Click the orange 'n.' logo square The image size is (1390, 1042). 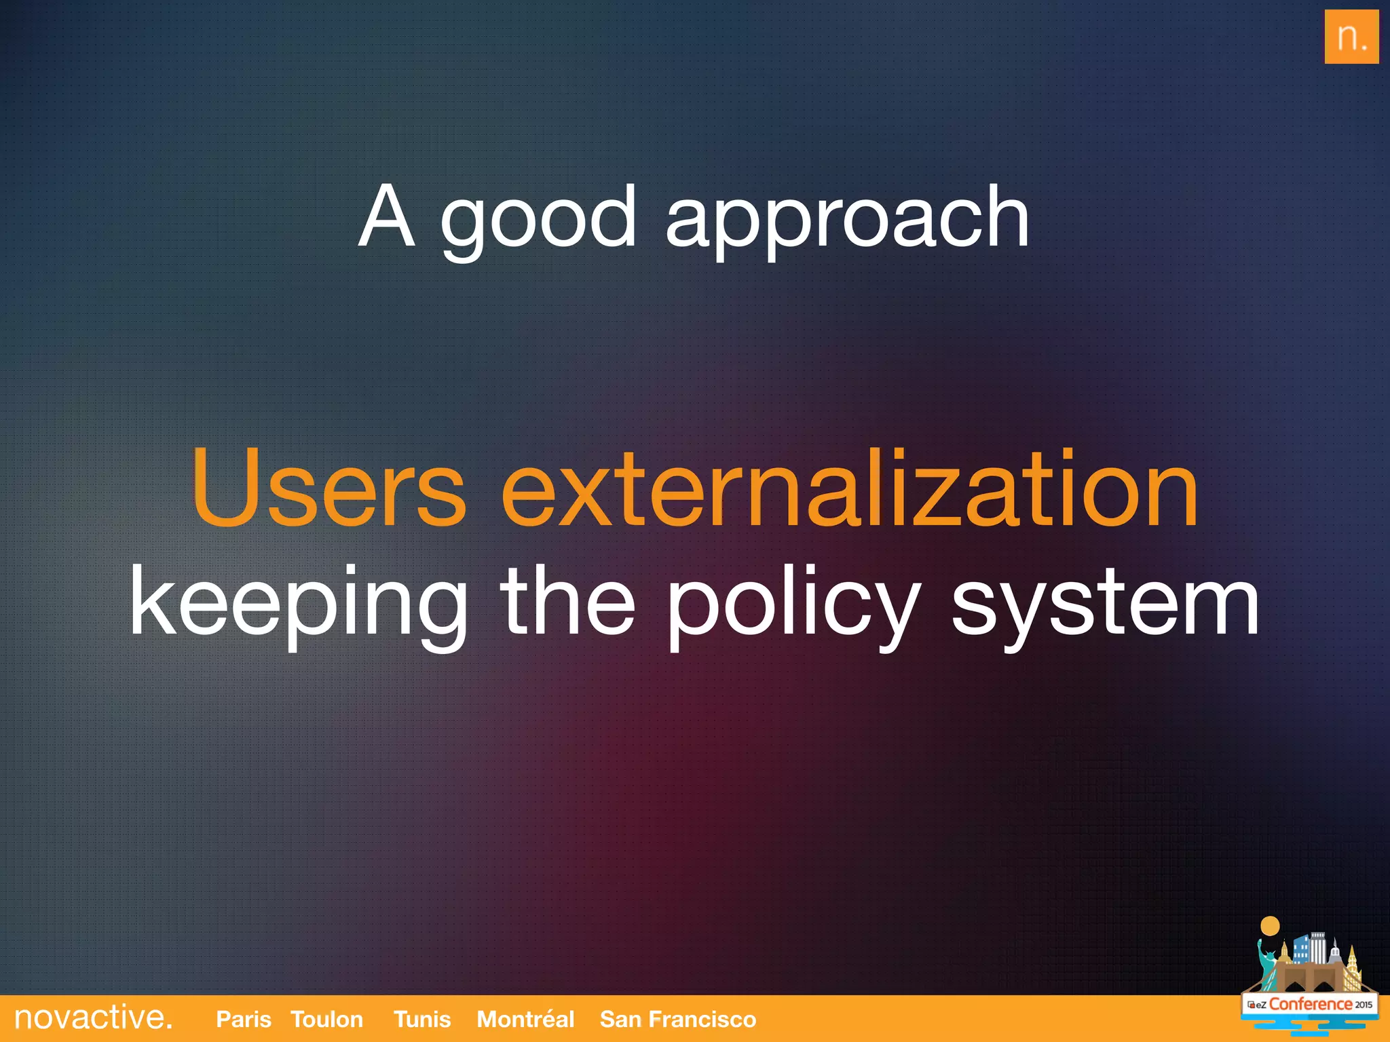coord(1351,37)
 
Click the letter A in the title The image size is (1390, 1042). coord(387,217)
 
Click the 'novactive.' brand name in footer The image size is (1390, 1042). coord(94,1018)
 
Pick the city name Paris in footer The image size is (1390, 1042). coord(243,1019)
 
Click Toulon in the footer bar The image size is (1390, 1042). coord(326,1019)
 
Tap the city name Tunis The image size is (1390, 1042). coord(422,1019)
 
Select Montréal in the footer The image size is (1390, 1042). coord(525,1019)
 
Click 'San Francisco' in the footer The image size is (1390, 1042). coord(677,1019)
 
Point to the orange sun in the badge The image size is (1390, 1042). coord(1269,926)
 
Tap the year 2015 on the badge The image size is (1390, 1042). coord(1363,1005)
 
